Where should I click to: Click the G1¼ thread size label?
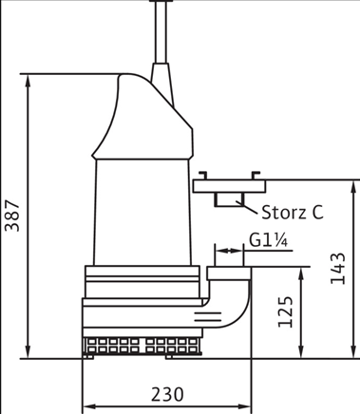[269, 240]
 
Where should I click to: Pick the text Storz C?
[292, 211]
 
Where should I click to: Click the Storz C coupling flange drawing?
[229, 185]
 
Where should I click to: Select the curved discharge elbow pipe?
[234, 304]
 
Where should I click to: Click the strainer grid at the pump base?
[142, 344]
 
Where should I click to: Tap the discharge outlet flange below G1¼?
[229, 273]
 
